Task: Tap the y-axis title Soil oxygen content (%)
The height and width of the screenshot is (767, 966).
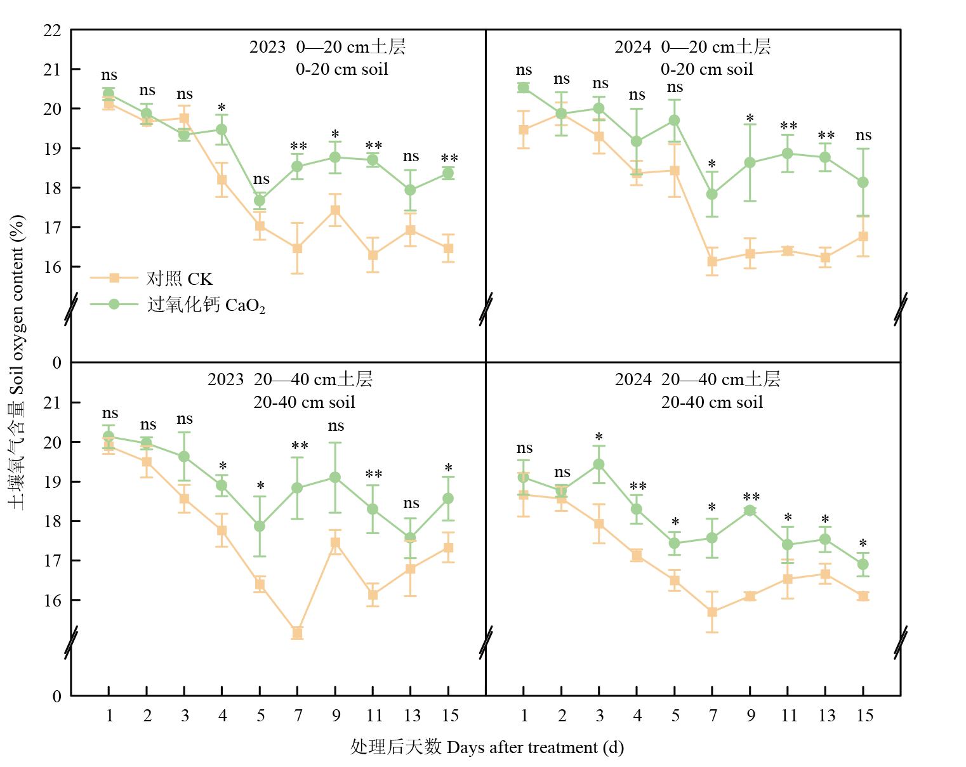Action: [x=17, y=362]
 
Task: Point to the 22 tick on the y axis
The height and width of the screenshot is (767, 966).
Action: [x=53, y=30]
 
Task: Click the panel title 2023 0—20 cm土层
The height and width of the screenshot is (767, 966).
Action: [x=327, y=47]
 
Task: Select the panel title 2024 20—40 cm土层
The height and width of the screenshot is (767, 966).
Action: [x=697, y=379]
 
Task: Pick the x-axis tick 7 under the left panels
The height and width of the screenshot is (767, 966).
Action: [x=298, y=716]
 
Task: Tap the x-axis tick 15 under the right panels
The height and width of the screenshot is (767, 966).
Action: [x=864, y=716]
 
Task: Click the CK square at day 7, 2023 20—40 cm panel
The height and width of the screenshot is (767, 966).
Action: [x=297, y=633]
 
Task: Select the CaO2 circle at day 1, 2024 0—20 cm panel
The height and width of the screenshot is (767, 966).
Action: [x=524, y=88]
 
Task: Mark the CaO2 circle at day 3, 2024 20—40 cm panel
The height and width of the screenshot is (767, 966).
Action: [x=599, y=464]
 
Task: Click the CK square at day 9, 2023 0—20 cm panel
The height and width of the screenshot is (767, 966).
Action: [x=335, y=210]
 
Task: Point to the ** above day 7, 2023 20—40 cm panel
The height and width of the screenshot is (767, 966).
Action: [x=300, y=447]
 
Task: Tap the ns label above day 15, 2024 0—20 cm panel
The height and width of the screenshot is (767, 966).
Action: [x=863, y=135]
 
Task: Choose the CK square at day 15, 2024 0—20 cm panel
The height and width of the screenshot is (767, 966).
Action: [x=863, y=236]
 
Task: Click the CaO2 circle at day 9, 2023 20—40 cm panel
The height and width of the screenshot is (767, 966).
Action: [x=335, y=477]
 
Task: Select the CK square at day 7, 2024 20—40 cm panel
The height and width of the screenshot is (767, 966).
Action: [x=712, y=612]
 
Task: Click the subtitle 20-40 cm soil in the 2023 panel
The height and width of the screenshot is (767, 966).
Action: [x=305, y=402]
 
